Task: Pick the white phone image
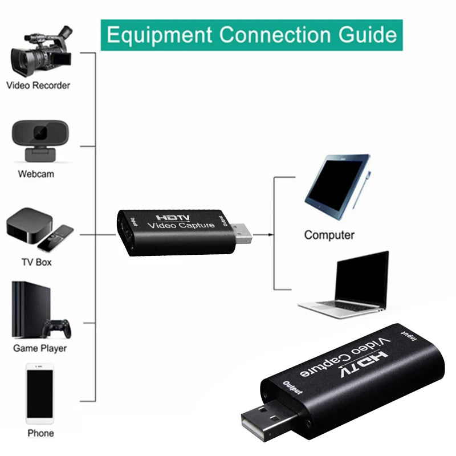pyautogui.click(x=40, y=395)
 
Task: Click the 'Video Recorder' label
pyautogui.click(x=38, y=85)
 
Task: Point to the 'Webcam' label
pyautogui.click(x=36, y=173)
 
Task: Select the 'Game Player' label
pyautogui.click(x=40, y=348)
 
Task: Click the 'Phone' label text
pyautogui.click(x=40, y=433)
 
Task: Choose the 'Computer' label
pyautogui.click(x=329, y=235)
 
